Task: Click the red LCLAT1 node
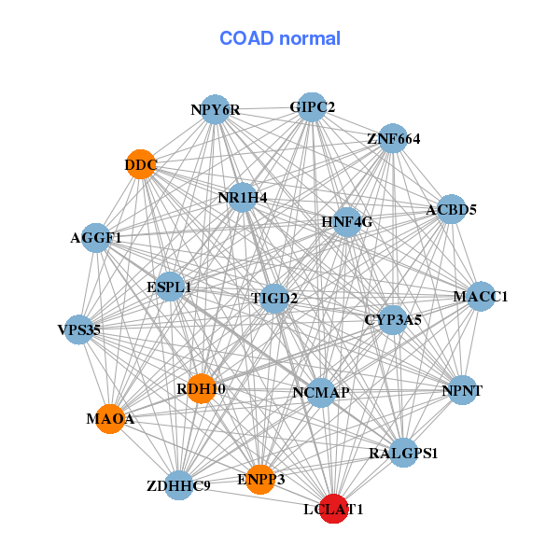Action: (333, 509)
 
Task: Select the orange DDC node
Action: (141, 164)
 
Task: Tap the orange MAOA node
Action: (110, 419)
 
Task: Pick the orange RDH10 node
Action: (202, 388)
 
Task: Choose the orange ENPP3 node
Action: (260, 480)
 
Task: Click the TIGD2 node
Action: (273, 299)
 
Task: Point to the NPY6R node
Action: (215, 109)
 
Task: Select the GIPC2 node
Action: (312, 107)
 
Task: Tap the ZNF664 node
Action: (393, 138)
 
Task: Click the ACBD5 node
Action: (452, 209)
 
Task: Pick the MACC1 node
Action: (481, 297)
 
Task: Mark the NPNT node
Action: (463, 390)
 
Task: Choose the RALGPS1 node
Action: (403, 453)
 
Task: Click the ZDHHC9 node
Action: (179, 485)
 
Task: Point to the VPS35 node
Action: (79, 329)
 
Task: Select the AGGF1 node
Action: (96, 238)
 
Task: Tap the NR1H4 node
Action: (243, 198)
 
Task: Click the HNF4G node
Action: (347, 222)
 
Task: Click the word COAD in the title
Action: (246, 38)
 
